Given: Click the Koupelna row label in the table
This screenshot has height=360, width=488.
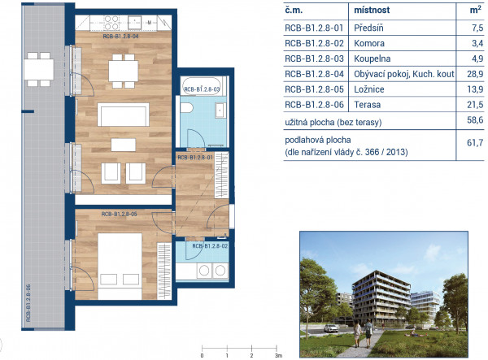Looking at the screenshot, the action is point(372,59).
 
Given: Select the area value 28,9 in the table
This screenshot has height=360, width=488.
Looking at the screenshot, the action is point(475,74).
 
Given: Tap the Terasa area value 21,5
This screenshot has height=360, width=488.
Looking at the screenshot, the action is point(475,105).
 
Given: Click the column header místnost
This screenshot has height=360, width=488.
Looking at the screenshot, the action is point(372,10).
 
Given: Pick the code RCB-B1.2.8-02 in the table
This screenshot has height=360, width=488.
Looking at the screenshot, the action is point(314,43).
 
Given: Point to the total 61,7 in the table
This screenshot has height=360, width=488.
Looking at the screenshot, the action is point(475,143).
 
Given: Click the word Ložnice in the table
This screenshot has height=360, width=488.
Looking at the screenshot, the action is point(369,89).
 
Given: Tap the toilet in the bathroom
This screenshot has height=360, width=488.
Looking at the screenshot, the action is point(187,107).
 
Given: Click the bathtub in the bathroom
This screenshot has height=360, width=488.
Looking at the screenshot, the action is point(203,86).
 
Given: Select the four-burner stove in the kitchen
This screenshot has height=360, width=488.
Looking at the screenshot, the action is point(111,23).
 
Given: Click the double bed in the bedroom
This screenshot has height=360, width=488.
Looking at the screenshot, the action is point(120,266).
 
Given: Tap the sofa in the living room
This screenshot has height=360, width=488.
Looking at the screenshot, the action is point(124,115).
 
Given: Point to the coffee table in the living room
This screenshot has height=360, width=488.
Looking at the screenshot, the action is point(124,145).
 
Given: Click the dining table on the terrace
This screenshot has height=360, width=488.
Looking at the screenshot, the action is point(39,69).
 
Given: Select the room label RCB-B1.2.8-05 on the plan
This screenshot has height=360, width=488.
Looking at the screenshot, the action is point(120,215).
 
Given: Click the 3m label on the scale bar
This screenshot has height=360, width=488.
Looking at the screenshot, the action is point(278,355).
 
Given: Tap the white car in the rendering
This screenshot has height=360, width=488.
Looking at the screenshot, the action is point(331,328).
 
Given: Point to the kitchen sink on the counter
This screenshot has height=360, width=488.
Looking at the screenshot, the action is point(134,23).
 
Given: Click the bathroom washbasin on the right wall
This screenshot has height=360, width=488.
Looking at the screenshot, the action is point(220,110).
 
